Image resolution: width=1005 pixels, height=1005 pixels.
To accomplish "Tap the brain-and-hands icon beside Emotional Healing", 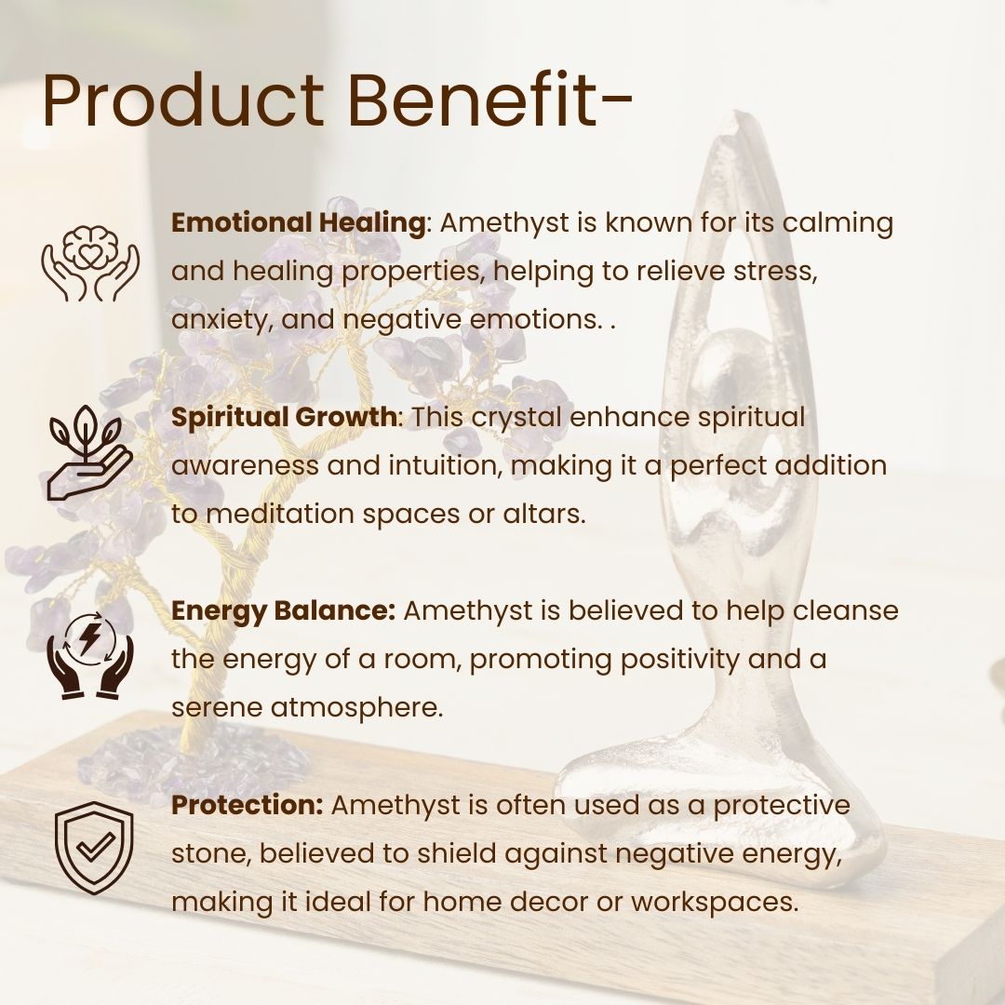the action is point(90,262).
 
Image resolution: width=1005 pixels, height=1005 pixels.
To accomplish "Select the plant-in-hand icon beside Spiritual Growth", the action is point(90,452).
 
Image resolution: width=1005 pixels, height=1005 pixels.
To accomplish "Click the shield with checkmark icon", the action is point(94,848).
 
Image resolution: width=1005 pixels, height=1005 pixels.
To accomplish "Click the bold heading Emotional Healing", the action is point(298,223).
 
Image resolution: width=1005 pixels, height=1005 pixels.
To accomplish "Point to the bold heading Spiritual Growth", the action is point(284,417).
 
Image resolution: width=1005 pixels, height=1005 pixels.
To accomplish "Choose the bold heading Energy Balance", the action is point(283,611).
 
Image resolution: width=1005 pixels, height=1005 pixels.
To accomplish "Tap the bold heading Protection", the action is point(247,805).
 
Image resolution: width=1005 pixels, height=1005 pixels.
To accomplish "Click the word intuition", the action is point(443,466).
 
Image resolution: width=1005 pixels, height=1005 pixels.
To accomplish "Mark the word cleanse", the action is point(845,610).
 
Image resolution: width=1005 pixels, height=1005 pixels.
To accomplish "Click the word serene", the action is point(217,709).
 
